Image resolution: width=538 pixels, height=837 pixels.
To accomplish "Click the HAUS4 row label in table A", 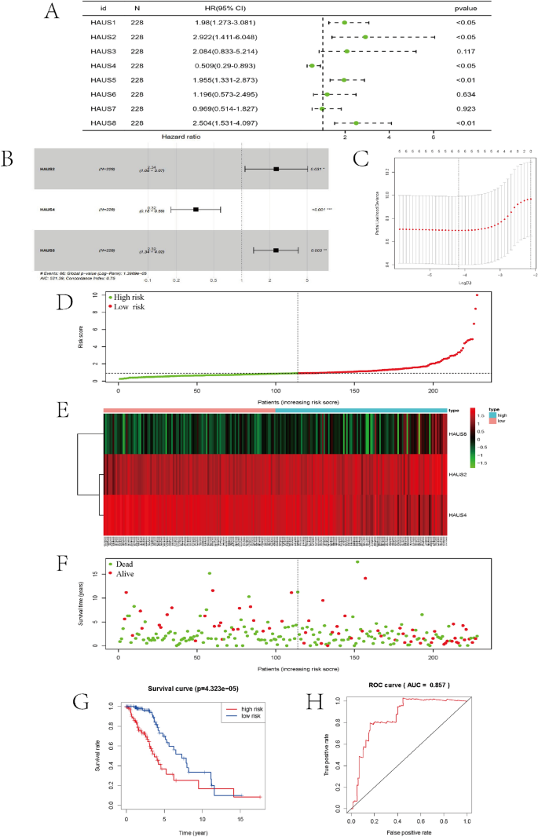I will click(x=103, y=66).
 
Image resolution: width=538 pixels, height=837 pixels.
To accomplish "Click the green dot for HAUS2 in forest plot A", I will click(x=365, y=37).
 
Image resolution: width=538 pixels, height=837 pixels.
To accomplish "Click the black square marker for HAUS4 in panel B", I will click(x=196, y=210).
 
